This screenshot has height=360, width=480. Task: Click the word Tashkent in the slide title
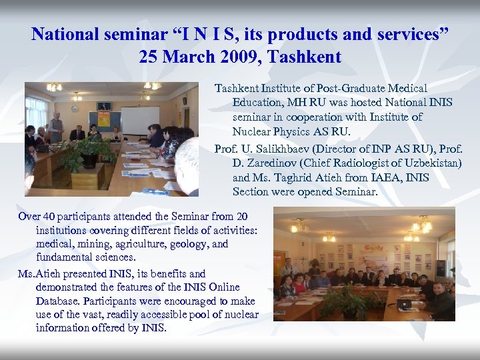pos(305,56)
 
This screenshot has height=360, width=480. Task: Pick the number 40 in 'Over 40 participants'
pos(51,216)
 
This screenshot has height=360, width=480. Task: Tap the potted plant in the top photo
pos(86,153)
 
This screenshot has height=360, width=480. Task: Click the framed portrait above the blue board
pos(104,106)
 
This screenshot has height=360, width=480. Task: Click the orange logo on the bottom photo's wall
pos(373,248)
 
